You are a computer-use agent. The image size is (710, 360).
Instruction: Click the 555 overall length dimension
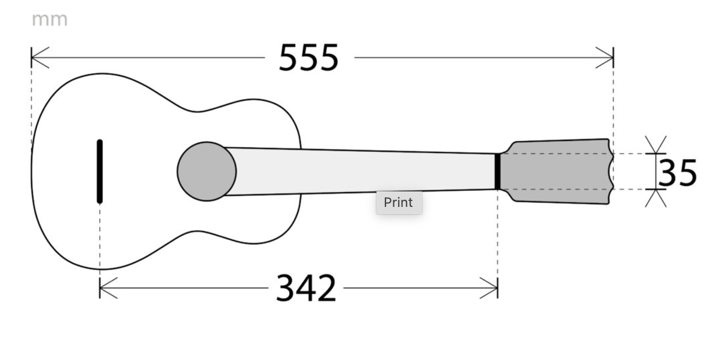coord(309,58)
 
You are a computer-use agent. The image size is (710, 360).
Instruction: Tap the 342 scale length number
coord(306,288)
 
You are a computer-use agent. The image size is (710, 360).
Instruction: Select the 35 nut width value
coord(677,173)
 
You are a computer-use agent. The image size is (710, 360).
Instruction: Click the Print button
coord(399,202)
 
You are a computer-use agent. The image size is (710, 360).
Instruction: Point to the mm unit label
coord(50,20)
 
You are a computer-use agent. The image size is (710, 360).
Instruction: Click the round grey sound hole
coord(206,171)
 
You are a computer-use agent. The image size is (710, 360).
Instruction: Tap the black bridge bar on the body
coord(100,172)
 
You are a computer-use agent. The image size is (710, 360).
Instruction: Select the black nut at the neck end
coord(498,171)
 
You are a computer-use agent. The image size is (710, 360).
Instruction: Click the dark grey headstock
coord(557,171)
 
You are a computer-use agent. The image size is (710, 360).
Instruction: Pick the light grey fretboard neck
coord(362,171)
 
